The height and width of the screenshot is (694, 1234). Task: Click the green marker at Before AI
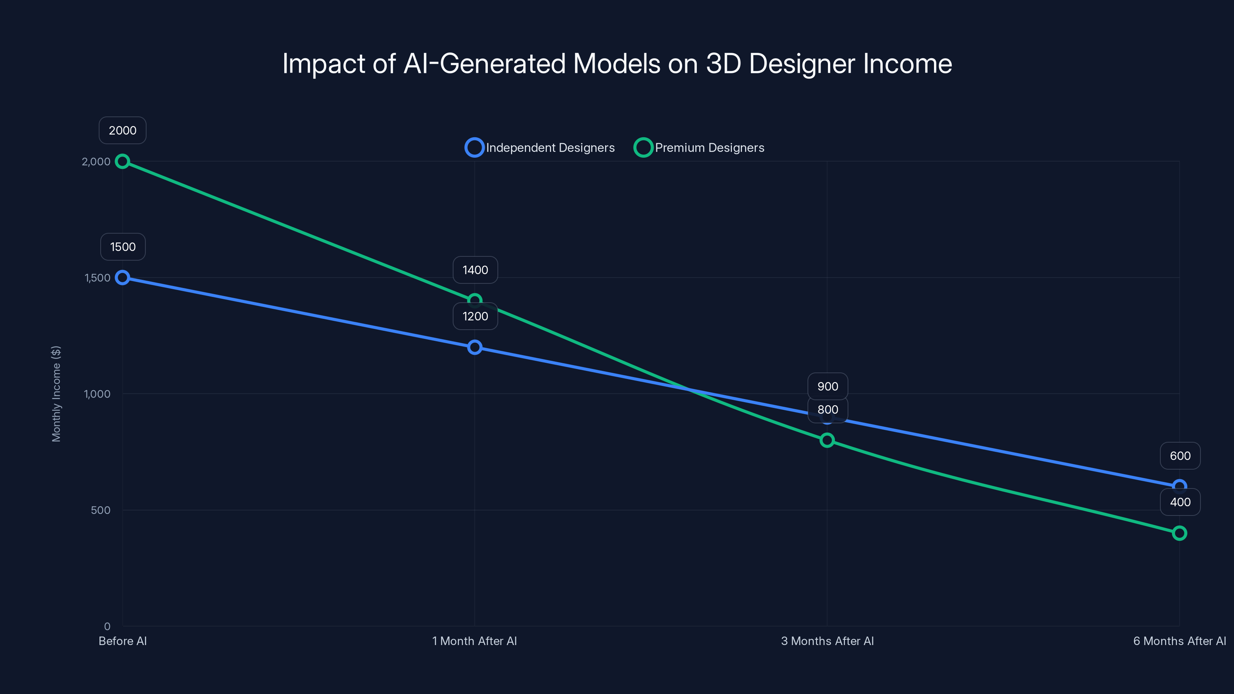[x=123, y=162]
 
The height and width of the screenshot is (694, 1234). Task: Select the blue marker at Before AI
[x=123, y=277]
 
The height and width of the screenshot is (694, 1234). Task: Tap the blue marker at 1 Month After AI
[x=474, y=347]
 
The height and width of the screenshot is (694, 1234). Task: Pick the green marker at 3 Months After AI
[x=827, y=440]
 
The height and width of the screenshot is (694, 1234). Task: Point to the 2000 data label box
[x=123, y=130]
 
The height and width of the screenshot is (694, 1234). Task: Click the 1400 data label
[x=475, y=270]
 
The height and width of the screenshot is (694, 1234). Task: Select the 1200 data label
[x=475, y=316]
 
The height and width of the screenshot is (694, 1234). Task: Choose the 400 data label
[x=1180, y=502]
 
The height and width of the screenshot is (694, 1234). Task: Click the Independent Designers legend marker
[x=474, y=148]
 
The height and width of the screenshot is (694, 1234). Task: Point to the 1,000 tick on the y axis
[x=97, y=394]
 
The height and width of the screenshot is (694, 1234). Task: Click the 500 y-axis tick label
[x=101, y=510]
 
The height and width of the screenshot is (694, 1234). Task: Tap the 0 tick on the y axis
[x=107, y=627]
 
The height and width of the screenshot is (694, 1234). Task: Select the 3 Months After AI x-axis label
[x=827, y=641]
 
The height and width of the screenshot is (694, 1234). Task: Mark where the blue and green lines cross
[x=688, y=389]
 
